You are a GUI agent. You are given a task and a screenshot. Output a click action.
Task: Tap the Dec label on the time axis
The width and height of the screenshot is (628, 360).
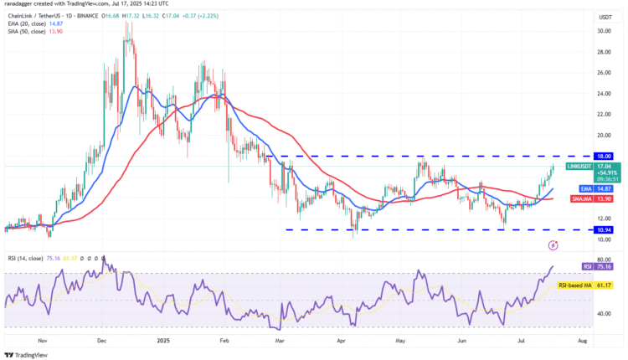102,342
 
